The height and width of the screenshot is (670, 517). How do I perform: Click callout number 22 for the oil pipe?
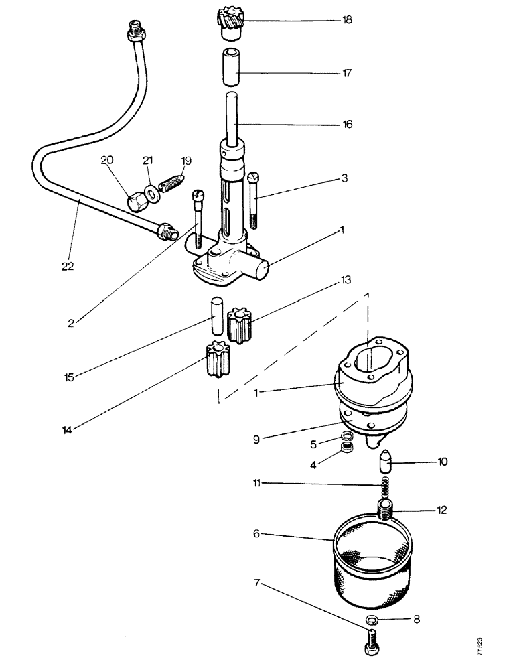68,266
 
